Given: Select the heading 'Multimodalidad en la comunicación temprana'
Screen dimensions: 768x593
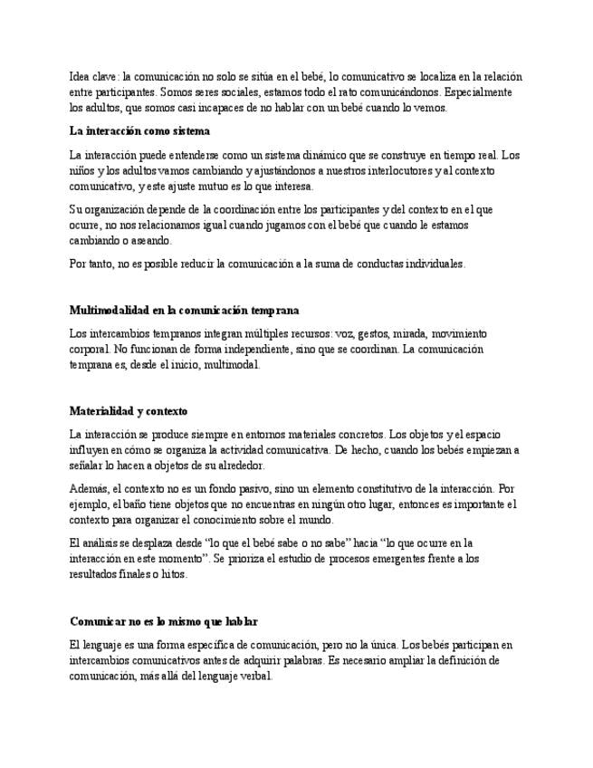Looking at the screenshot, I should pos(184,310).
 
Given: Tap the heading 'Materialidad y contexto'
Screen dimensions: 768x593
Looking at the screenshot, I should pos(128,411).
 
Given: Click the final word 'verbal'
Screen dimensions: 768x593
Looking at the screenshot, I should pos(253,676).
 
